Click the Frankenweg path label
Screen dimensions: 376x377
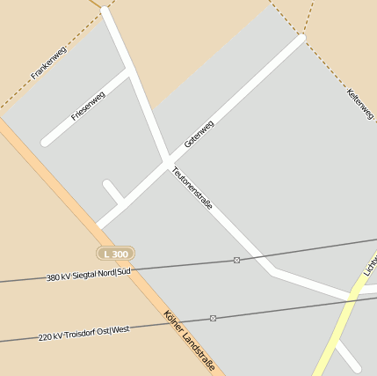(x=48, y=63)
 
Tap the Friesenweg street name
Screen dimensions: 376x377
(x=88, y=106)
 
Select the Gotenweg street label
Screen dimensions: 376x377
(x=199, y=134)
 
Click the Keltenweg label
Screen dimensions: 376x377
(x=359, y=105)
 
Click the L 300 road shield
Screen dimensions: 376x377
(x=115, y=254)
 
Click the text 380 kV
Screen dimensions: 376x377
(x=58, y=277)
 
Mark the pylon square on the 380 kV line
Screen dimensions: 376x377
(x=236, y=260)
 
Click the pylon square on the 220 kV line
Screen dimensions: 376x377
(x=213, y=318)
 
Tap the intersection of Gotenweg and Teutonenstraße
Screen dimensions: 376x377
(x=168, y=160)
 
